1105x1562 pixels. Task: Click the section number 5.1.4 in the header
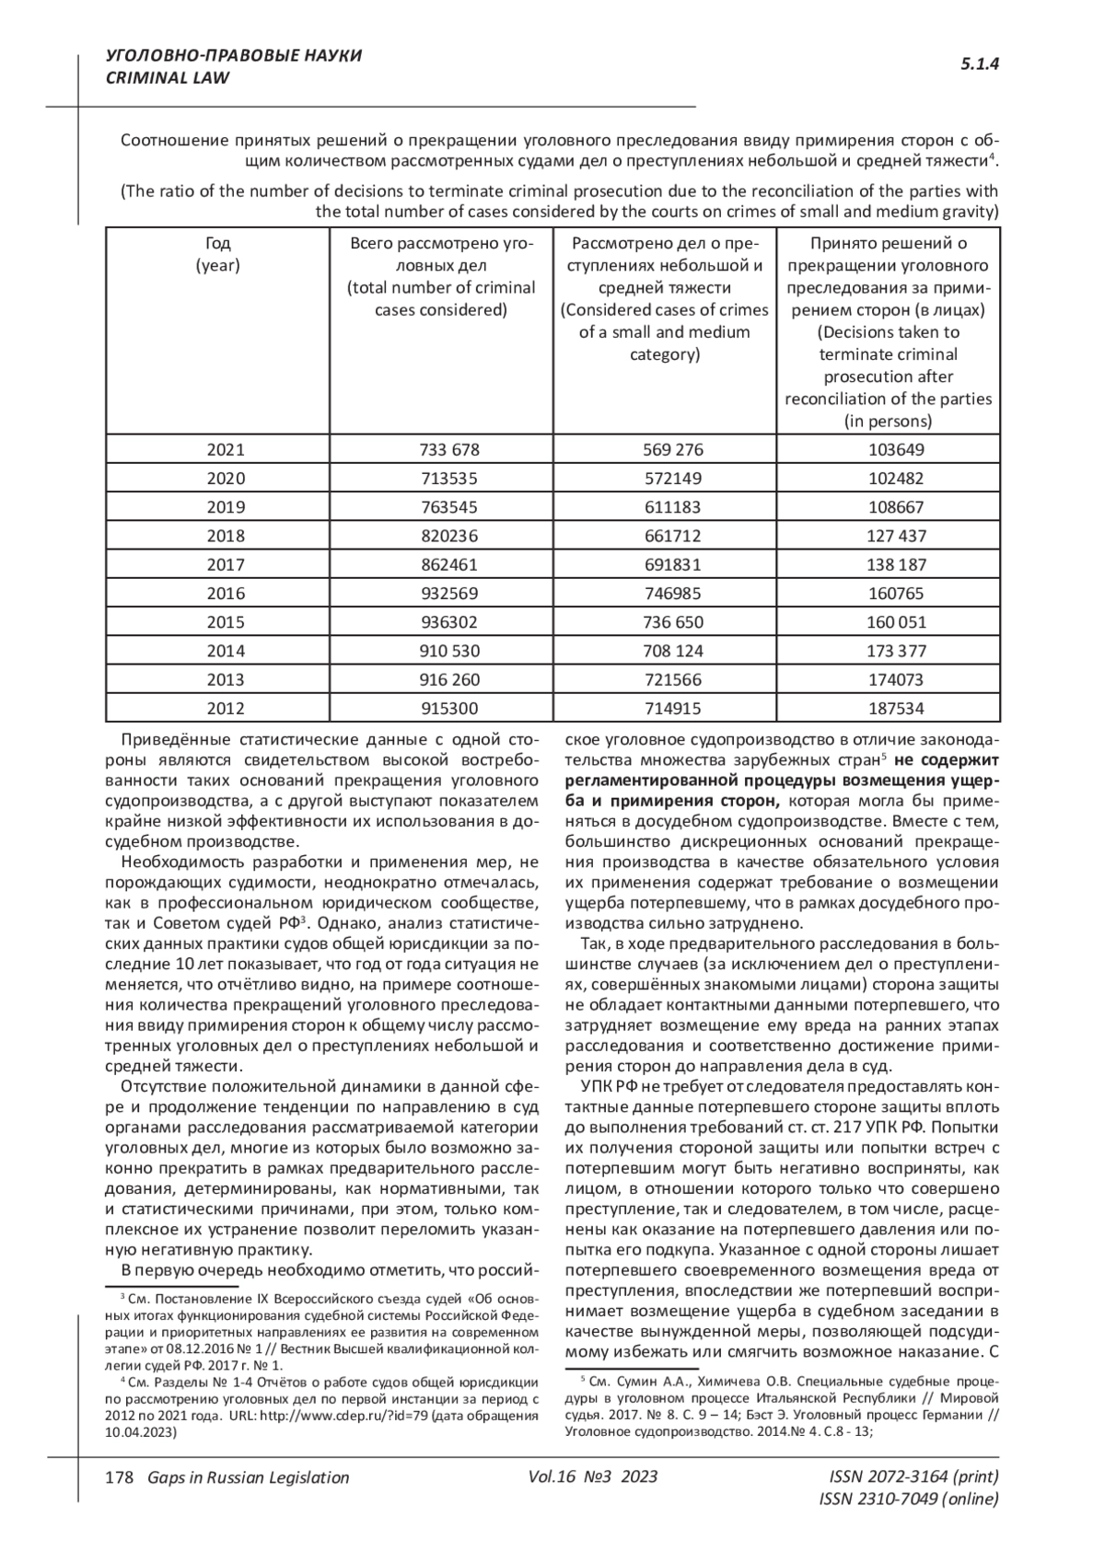980,64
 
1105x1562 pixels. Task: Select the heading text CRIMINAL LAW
168,78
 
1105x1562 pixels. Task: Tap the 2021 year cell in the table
226,449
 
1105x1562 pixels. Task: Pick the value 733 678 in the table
449,449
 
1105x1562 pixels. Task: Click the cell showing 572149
672,478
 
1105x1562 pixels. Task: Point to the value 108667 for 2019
896,507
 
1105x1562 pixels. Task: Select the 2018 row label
226,536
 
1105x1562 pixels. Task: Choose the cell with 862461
449,564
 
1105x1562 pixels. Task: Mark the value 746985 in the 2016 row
672,593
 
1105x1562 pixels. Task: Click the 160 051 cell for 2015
896,622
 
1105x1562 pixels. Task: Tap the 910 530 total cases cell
449,651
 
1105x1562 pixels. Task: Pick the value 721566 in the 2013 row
672,679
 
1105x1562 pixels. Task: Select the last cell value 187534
896,708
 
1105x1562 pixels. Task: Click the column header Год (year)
217,254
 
